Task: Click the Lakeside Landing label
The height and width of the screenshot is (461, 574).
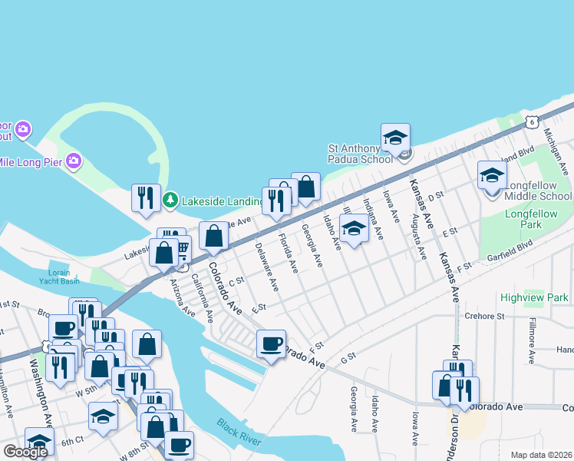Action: (223, 201)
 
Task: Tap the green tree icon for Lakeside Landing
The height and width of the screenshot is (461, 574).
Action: (170, 201)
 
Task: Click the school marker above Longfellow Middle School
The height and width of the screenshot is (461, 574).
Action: (492, 176)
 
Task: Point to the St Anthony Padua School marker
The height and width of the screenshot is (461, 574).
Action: (395, 138)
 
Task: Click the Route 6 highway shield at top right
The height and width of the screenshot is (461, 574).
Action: (530, 121)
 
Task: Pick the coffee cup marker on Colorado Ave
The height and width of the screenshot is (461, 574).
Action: (270, 344)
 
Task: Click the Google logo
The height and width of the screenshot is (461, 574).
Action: (26, 452)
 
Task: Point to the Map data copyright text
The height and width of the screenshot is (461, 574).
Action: (541, 455)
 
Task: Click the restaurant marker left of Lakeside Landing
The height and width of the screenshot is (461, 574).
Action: (145, 198)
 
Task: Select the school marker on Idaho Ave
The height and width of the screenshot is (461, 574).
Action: (353, 230)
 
